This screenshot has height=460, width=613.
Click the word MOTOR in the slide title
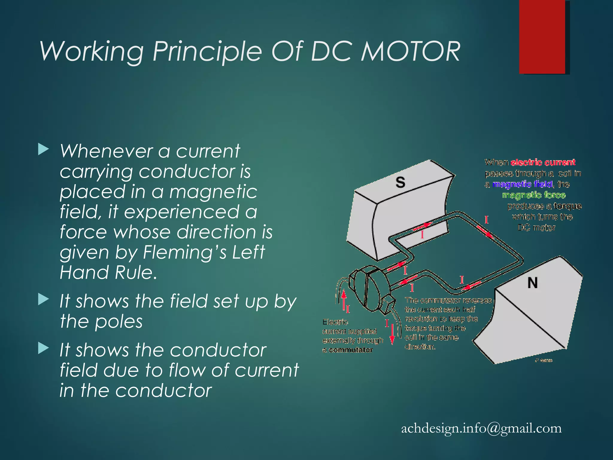pos(410,52)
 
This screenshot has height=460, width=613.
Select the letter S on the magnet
pos(400,182)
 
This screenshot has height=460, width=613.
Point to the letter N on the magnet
pos(532,283)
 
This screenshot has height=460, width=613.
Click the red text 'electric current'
pos(543,163)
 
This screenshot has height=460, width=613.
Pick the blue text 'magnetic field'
pos(523,184)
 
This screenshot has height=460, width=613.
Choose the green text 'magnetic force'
pos(534,195)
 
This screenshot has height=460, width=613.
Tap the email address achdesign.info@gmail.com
pos(481,428)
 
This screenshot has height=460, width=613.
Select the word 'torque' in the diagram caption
pos(567,206)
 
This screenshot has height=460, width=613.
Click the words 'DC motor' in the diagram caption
pos(536,228)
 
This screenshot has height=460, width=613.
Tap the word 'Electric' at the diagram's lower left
pos(335,322)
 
